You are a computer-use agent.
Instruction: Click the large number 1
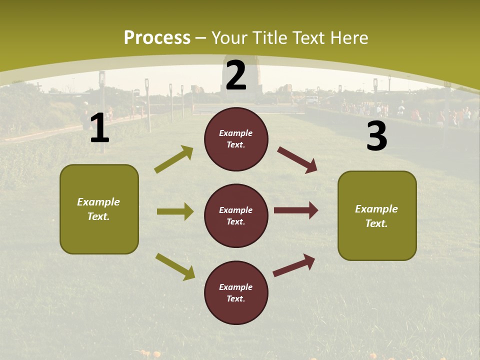[x=99, y=128]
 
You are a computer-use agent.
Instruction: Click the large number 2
[x=236, y=75]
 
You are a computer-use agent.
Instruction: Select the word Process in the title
[x=157, y=37]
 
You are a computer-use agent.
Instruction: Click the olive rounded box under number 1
[x=99, y=209]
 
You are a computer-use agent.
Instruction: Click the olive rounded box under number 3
[x=377, y=215]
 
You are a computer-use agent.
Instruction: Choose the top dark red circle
[x=236, y=138]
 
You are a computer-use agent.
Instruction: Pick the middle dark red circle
[x=236, y=215]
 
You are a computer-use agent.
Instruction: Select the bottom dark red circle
[x=236, y=292]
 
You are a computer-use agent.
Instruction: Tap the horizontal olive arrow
[x=175, y=211]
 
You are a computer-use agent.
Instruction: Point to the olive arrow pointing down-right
[x=175, y=266]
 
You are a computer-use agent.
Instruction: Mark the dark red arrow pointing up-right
[x=294, y=265]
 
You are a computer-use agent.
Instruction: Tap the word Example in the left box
[x=98, y=202]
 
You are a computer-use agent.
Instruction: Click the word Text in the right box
[x=375, y=223]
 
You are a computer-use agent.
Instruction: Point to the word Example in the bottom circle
[x=235, y=287]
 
